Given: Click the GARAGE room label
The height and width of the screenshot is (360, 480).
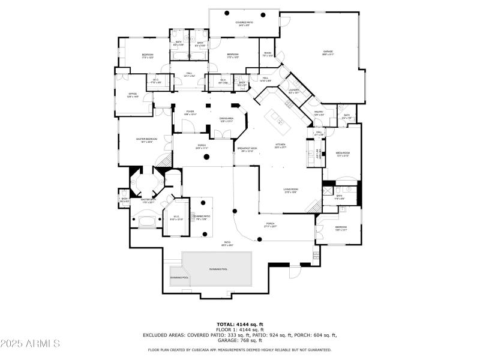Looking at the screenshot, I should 328,52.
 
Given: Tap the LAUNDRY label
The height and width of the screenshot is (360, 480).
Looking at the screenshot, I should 293,91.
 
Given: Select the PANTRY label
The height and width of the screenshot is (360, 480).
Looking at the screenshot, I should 319,112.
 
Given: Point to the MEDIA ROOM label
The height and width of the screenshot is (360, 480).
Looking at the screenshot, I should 343,154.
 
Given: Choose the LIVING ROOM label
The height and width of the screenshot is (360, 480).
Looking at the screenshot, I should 291,190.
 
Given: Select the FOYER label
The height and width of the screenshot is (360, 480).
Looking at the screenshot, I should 190,112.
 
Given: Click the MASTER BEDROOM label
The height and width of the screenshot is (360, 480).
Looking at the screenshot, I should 146,140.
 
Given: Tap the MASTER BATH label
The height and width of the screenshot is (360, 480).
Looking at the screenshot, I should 147,201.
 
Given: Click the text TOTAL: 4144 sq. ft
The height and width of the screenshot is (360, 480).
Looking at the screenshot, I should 239,325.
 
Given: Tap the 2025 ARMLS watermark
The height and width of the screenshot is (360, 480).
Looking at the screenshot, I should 30,344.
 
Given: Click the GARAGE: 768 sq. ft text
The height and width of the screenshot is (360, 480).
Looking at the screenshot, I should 239,340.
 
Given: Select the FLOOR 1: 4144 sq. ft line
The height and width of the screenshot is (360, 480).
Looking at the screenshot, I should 239,330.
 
